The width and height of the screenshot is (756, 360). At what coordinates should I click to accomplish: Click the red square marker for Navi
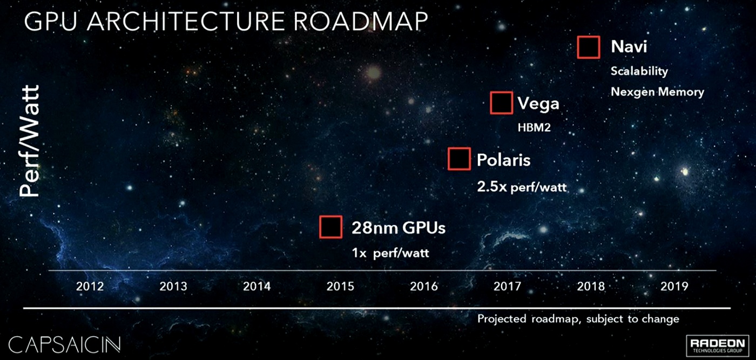[589, 47]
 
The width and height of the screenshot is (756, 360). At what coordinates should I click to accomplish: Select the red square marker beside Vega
[501, 103]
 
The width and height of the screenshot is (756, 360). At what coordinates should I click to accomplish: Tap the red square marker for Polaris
[459, 159]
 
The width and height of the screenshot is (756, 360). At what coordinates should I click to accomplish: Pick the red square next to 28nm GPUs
[330, 227]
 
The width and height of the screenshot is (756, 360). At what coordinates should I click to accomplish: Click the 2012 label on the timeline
[90, 286]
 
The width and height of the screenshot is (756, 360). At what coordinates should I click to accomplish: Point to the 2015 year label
[341, 286]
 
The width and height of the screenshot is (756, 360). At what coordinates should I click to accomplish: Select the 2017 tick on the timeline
[508, 286]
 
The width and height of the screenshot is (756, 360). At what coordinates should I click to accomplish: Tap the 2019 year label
[674, 286]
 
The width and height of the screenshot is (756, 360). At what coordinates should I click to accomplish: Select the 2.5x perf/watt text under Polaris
[522, 187]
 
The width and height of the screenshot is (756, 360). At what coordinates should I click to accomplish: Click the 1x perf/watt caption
[390, 253]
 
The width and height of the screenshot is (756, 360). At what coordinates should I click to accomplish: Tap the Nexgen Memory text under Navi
[657, 92]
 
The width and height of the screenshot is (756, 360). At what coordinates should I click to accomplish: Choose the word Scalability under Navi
[639, 71]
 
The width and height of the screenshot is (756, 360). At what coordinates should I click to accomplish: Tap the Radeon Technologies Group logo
[717, 347]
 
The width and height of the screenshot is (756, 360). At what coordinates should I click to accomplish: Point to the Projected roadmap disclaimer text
[578, 319]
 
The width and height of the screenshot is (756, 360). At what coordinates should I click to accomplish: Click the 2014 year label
[257, 286]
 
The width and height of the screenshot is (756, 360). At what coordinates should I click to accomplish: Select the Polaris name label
[504, 160]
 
